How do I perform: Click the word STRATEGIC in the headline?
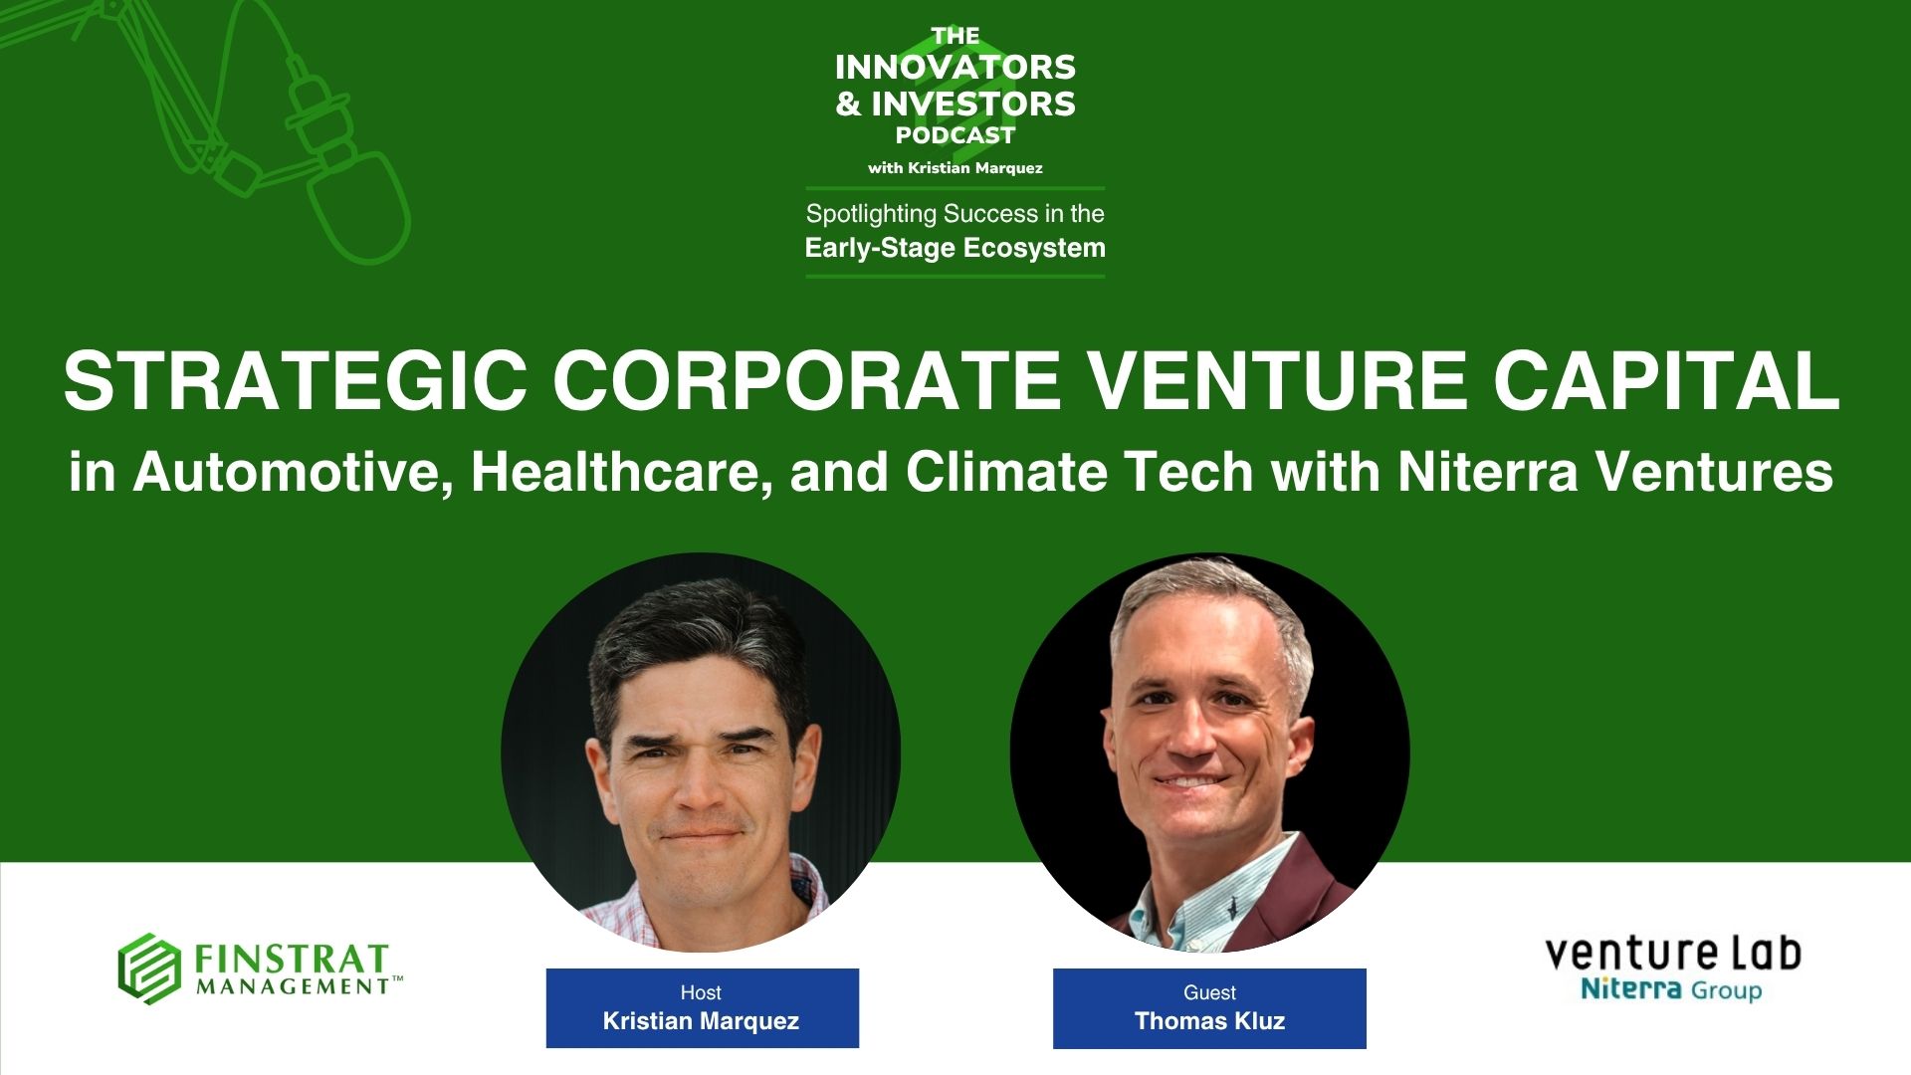click(x=296, y=381)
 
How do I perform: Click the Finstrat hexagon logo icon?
click(x=149, y=968)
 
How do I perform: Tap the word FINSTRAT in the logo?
click(x=291, y=960)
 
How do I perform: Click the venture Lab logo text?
click(x=1672, y=954)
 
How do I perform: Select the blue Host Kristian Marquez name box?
click(x=702, y=1007)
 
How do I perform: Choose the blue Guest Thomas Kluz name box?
click(x=1209, y=1007)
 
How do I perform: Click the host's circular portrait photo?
click(x=701, y=752)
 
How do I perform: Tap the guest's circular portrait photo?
click(x=1209, y=752)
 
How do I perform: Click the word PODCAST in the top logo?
click(x=955, y=134)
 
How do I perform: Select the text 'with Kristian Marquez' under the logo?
click(x=955, y=168)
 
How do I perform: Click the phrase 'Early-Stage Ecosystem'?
click(x=955, y=248)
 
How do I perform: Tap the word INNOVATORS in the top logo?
click(x=955, y=67)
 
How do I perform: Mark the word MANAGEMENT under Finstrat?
click(x=293, y=986)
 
